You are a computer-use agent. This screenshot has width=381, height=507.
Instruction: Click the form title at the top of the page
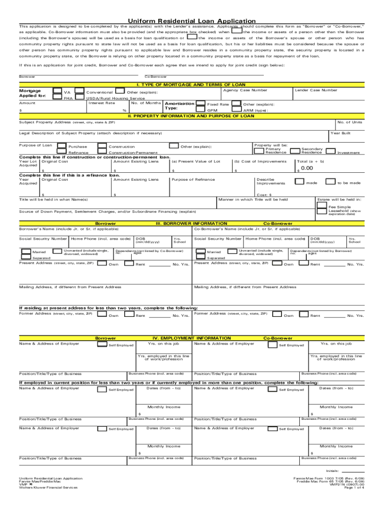190,21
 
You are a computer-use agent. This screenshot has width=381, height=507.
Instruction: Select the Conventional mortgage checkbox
80,92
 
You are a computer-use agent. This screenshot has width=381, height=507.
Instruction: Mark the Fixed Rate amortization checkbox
200,104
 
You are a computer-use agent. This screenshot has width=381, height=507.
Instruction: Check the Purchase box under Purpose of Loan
62,147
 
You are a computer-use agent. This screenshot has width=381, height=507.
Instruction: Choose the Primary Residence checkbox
259,151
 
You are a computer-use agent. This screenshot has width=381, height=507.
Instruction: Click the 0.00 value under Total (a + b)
307,168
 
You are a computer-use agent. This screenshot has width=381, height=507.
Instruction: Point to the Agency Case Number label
245,90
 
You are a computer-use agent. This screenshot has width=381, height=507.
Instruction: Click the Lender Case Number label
316,90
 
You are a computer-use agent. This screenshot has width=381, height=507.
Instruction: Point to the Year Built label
340,133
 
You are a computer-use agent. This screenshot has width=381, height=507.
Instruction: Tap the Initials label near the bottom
332,470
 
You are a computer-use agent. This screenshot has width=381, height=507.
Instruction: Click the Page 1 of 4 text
354,488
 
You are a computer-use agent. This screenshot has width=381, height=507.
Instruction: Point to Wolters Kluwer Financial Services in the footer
48,488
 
